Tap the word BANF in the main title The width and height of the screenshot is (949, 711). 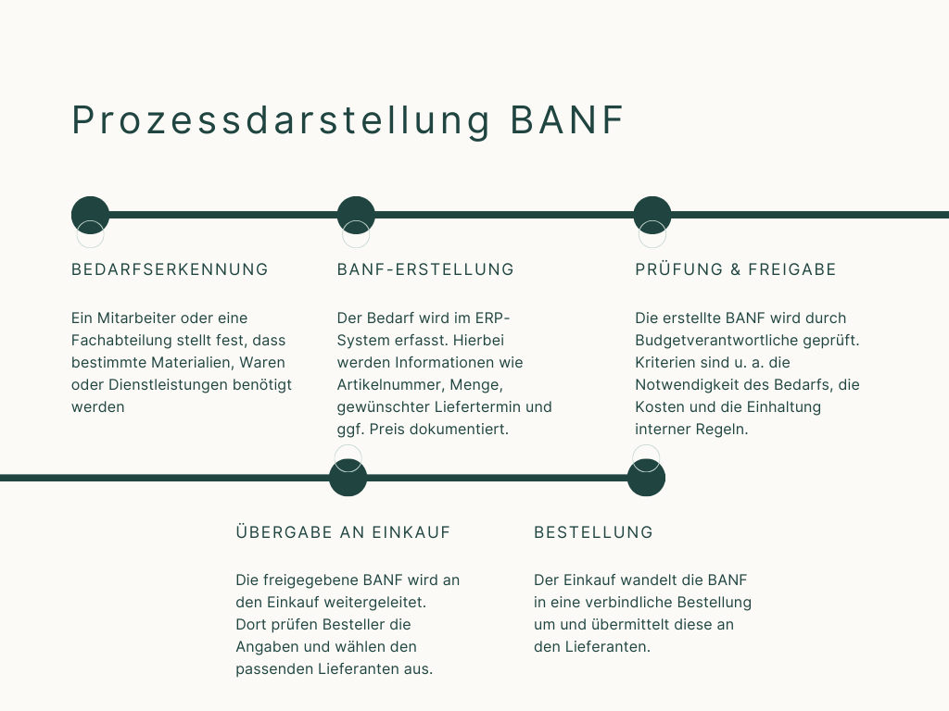click(567, 121)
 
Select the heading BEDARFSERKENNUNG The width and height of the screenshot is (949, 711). click(170, 269)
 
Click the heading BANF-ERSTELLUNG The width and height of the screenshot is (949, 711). click(425, 269)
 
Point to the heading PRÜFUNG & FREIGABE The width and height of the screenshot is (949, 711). click(736, 269)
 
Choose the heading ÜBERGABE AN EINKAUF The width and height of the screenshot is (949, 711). click(343, 532)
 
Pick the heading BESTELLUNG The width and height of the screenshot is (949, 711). click(593, 532)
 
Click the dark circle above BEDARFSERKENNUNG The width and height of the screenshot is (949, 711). click(91, 215)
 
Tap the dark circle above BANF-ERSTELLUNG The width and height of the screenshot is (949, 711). click(356, 215)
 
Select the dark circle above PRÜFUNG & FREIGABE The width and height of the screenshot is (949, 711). click(652, 215)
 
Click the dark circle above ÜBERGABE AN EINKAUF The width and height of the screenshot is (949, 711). click(348, 479)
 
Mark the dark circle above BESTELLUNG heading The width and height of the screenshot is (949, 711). click(646, 479)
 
